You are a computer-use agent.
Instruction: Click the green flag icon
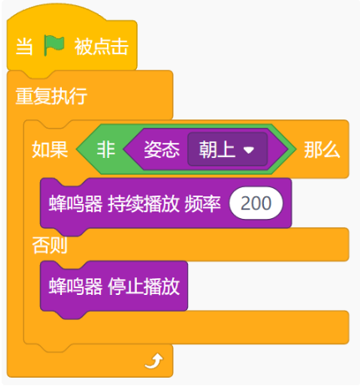click(54, 46)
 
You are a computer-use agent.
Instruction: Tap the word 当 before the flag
click(24, 46)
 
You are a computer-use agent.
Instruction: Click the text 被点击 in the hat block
click(101, 46)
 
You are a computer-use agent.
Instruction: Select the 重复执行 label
click(52, 96)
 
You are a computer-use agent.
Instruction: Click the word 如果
click(50, 150)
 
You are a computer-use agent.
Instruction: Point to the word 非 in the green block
click(106, 150)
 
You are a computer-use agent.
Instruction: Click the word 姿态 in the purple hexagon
click(162, 150)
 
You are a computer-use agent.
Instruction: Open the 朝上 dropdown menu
click(228, 150)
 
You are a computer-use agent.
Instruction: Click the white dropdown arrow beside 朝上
click(249, 150)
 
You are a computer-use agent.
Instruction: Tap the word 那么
click(322, 150)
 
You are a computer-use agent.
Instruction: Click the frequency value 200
click(256, 203)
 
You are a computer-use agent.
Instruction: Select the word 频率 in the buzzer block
click(203, 204)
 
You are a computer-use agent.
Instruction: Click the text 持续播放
click(144, 204)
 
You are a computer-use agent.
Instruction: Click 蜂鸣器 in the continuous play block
click(76, 204)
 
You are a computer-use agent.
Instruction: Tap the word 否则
click(50, 245)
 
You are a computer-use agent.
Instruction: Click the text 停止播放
click(144, 287)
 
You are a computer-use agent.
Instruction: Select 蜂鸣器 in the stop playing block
click(76, 287)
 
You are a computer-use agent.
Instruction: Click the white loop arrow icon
click(154, 361)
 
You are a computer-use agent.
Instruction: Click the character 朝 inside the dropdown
click(208, 150)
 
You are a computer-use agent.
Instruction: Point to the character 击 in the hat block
click(119, 46)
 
